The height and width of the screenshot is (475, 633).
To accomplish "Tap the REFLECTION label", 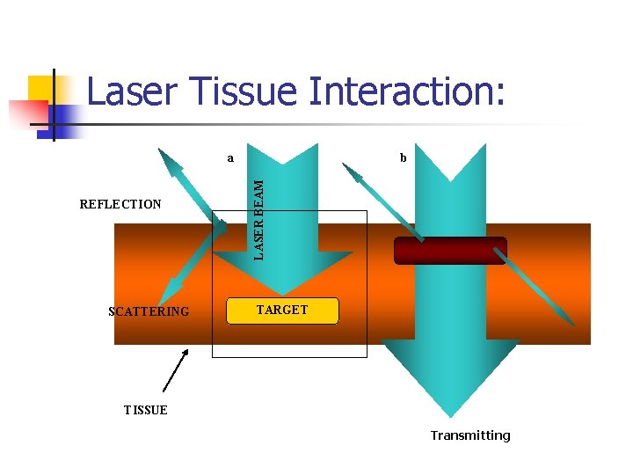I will [120, 204].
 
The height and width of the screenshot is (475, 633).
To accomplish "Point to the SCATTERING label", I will [148, 311].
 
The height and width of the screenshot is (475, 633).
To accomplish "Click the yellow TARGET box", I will [282, 311].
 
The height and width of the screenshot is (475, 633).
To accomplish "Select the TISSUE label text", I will [145, 410].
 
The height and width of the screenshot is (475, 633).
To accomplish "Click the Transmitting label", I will [469, 435].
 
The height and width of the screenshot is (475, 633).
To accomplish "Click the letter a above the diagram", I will [230, 159].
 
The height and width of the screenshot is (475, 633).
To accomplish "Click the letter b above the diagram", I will [403, 159].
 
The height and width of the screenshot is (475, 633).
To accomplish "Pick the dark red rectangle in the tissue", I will [450, 251].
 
